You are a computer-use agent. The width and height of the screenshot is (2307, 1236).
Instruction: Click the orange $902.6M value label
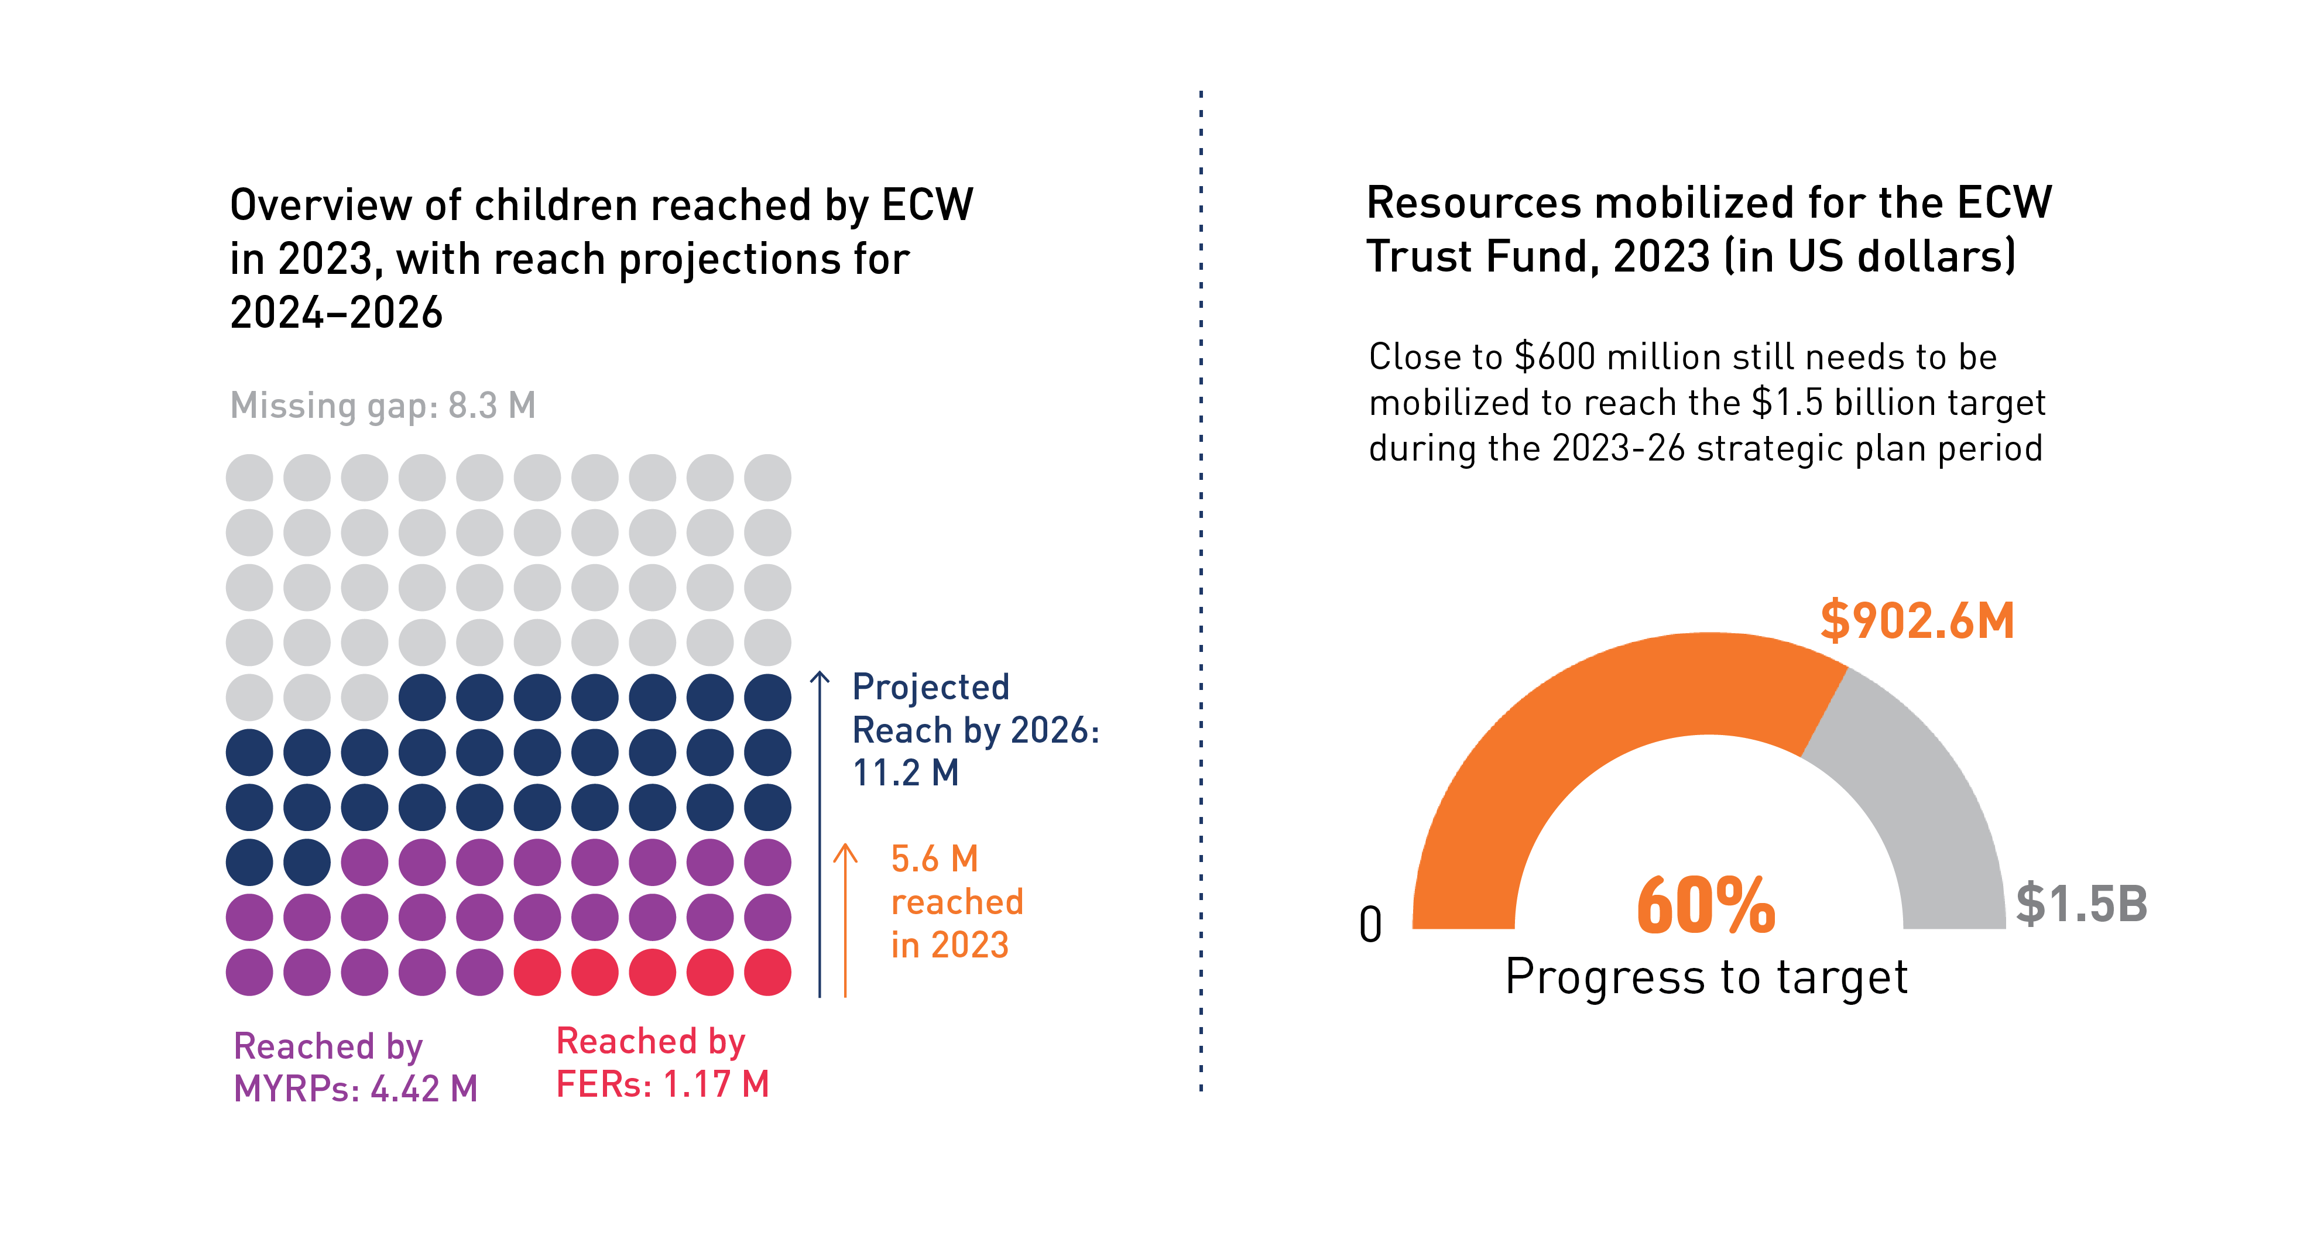click(1917, 621)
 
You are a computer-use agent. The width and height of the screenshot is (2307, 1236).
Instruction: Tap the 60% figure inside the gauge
click(1705, 907)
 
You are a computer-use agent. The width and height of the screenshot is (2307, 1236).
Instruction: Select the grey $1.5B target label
click(2081, 903)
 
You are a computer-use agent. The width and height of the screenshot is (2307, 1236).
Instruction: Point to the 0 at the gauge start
click(1370, 925)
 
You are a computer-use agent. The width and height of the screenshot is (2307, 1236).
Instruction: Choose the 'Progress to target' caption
click(1706, 976)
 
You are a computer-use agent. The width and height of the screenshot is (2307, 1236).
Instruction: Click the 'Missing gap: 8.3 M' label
click(382, 406)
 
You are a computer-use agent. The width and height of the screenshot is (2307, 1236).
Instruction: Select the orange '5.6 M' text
click(934, 859)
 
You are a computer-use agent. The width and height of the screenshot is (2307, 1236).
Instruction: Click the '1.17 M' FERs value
click(715, 1084)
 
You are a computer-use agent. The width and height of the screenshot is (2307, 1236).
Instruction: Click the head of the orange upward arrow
click(845, 851)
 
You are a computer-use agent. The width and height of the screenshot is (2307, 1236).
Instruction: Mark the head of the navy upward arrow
click(820, 678)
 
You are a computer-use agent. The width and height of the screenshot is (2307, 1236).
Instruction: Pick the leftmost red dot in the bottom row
click(537, 973)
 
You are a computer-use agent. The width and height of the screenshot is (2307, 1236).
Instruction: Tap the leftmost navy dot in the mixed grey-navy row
click(422, 698)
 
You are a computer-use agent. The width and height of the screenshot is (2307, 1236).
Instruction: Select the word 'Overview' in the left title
click(320, 205)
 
